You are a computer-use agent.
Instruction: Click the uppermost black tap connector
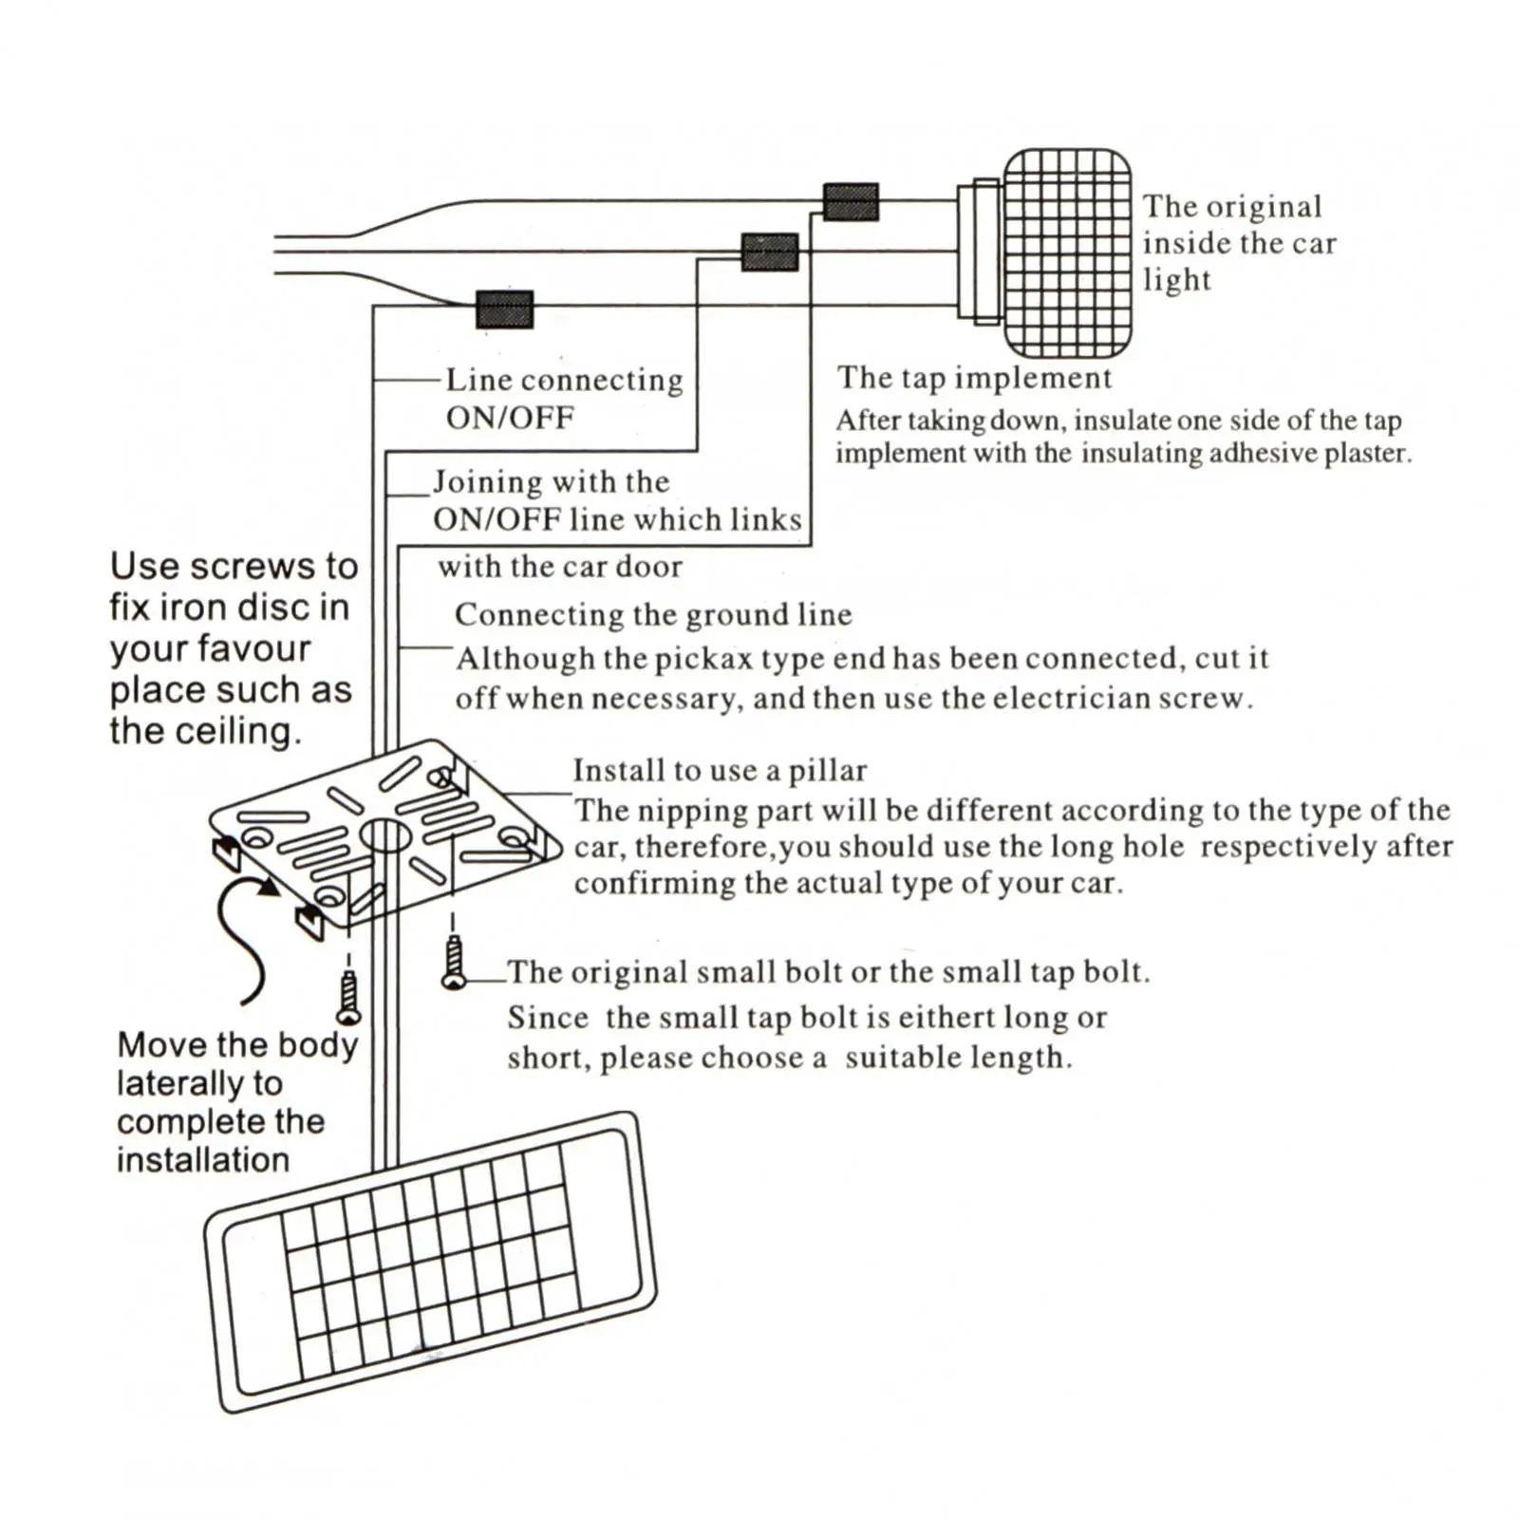[851, 202]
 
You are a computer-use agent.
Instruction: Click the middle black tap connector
[769, 253]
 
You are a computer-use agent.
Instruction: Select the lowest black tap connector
[504, 309]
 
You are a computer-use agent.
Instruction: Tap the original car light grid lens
[1067, 253]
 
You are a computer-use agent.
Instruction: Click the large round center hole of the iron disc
[384, 836]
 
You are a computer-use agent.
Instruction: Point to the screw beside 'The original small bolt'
[454, 962]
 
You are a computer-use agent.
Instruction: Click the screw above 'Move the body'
[349, 997]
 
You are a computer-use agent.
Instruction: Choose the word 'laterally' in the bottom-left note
[199, 1083]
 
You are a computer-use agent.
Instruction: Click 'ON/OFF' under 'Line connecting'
[510, 418]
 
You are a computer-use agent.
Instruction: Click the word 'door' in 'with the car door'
[648, 567]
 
